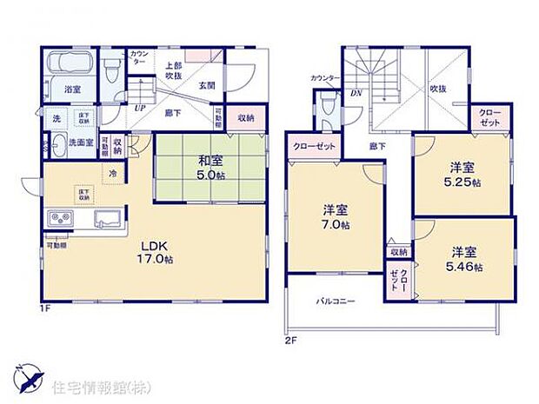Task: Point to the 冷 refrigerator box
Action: click(113, 174)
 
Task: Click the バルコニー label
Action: click(336, 301)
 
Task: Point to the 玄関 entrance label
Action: click(207, 84)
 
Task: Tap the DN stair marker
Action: click(355, 93)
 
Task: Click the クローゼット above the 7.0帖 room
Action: click(314, 146)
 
